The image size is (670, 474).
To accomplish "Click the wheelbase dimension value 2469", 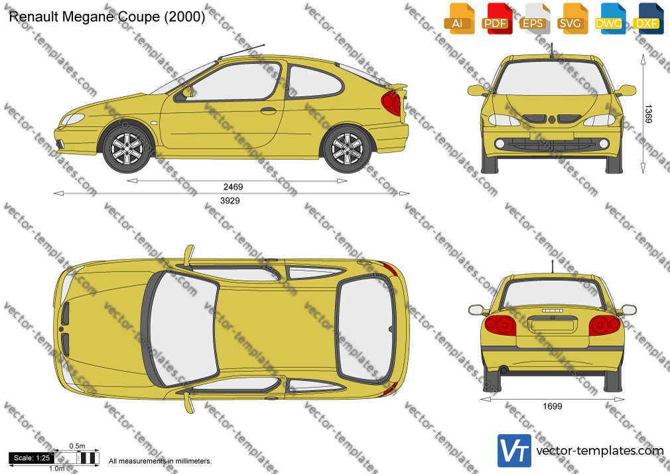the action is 233,187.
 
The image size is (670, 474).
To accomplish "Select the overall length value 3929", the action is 230,200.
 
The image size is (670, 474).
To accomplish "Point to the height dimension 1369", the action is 648,114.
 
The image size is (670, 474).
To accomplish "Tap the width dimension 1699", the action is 553,406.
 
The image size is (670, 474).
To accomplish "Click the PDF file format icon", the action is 496,19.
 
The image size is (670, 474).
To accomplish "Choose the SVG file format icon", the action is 571,19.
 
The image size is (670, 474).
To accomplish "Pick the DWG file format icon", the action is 609,19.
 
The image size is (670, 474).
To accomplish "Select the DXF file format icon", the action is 648,19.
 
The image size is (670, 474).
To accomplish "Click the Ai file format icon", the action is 458,19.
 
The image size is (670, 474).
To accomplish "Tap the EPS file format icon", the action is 533,19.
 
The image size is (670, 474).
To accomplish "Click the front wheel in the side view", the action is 127,149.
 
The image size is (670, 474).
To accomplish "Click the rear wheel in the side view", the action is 347,149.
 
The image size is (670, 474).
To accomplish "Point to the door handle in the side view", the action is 269,111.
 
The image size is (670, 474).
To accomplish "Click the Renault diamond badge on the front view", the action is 552,119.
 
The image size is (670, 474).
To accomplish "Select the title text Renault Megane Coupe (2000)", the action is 107,17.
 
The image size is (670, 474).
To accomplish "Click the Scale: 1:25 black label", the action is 32,458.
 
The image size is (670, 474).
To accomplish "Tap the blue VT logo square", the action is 515,451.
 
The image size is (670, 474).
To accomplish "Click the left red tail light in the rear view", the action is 500,325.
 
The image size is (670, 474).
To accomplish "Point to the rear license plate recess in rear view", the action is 553,325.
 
